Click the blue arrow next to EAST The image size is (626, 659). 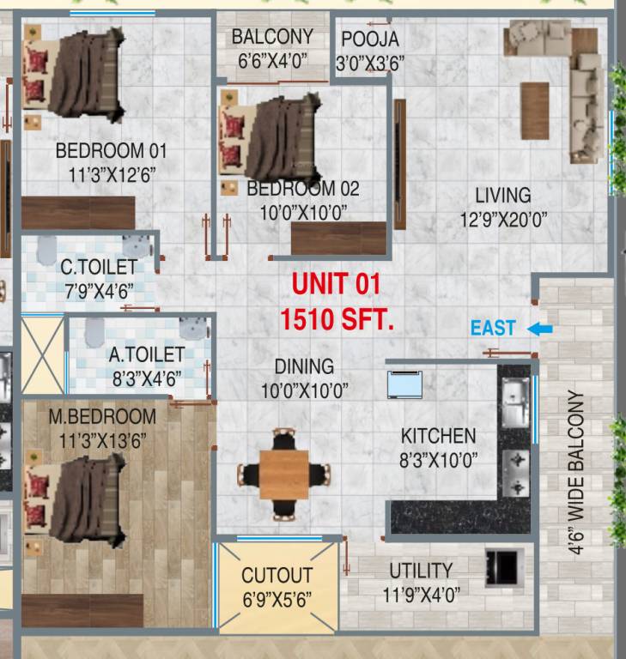[x=540, y=329]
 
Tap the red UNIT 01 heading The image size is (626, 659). [x=335, y=284]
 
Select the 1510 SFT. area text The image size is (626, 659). [x=337, y=321]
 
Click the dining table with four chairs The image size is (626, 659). [x=283, y=474]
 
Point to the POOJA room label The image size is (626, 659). [x=370, y=39]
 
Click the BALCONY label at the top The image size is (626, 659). [x=272, y=38]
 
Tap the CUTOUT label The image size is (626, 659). [x=277, y=575]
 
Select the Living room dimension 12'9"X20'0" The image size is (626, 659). [x=503, y=221]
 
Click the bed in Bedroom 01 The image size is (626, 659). [x=76, y=75]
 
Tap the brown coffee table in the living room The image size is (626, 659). [x=534, y=110]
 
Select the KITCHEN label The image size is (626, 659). [x=438, y=436]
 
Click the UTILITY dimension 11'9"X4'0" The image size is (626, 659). [x=421, y=594]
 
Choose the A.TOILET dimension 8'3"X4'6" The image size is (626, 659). [x=146, y=378]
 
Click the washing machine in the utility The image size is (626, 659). [x=501, y=566]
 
